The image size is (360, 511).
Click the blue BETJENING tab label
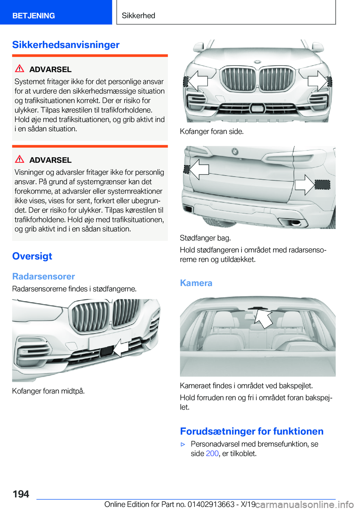[33, 15]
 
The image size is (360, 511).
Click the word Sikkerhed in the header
[138, 15]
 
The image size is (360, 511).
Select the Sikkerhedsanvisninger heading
[66, 45]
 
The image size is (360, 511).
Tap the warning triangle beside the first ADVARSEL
[19, 68]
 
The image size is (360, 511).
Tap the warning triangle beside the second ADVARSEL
[19, 159]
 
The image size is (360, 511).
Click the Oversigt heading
[32, 256]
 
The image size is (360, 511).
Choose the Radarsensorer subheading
[43, 277]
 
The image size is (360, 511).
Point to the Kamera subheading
[196, 283]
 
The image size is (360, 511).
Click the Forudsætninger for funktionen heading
[252, 431]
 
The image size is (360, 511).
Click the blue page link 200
[212, 454]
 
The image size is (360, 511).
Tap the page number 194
[21, 494]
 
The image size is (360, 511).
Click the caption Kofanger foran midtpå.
[48, 391]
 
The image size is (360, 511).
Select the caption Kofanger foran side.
[212, 131]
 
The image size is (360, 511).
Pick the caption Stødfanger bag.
[205, 238]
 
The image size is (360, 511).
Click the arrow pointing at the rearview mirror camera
[263, 319]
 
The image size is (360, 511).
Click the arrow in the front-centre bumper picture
[121, 348]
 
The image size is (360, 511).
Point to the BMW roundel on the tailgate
[235, 151]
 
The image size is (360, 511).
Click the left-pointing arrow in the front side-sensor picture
[198, 81]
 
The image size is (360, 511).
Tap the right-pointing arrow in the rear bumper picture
[305, 185]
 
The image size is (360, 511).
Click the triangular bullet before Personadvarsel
[183, 444]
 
